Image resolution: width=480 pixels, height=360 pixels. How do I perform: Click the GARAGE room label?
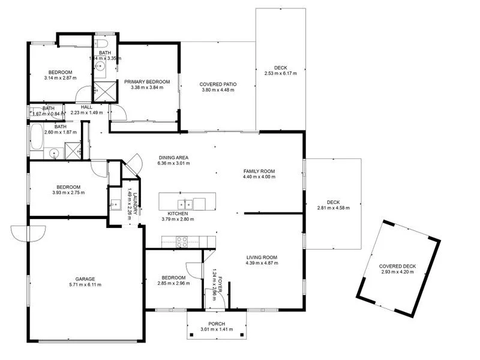[x=85, y=279]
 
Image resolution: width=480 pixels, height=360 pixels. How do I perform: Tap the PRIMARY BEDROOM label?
[x=147, y=82]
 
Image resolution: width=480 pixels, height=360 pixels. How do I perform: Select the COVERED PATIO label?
[x=218, y=85]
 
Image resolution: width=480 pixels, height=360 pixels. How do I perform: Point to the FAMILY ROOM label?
[x=259, y=170]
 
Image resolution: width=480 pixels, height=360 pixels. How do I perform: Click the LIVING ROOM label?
[x=262, y=258]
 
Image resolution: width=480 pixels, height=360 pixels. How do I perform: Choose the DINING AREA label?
[x=173, y=157]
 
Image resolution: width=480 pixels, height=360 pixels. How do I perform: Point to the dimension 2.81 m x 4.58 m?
[x=333, y=208]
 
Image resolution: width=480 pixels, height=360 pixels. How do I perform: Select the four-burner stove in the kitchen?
[x=182, y=241]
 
